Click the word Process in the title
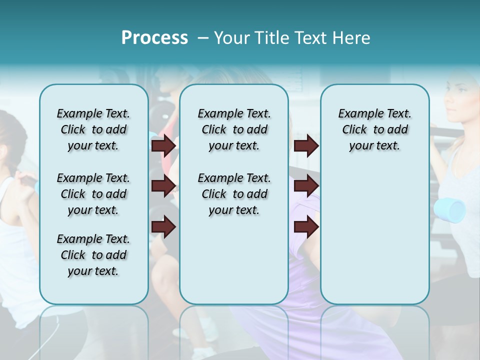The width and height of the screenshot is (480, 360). tap(154, 38)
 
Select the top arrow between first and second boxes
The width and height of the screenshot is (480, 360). tap(163, 145)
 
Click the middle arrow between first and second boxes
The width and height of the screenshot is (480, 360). tap(163, 186)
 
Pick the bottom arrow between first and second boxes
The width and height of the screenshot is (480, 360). tap(163, 227)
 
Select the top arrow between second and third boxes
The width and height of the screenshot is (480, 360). tap(306, 145)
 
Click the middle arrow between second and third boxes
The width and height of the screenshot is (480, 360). tap(306, 186)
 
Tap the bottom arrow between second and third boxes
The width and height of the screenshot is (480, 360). tap(306, 227)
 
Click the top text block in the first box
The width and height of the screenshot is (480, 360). tap(93, 129)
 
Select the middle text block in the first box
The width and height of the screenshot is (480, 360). tap(93, 194)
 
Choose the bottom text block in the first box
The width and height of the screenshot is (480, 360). tap(93, 255)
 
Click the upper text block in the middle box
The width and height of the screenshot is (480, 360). tap(234, 129)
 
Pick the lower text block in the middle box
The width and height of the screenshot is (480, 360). tap(234, 194)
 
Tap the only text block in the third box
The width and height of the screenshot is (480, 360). tap(374, 129)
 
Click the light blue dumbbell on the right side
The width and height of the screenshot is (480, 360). tap(449, 210)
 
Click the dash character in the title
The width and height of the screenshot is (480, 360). tap(203, 38)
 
